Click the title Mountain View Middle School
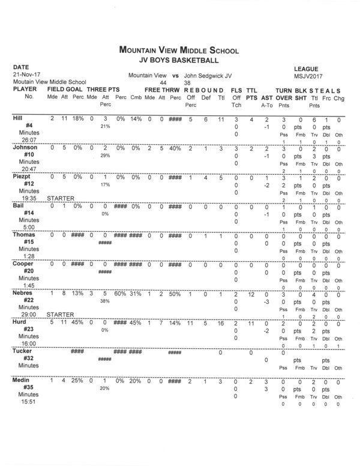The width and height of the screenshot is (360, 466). (x=179, y=51)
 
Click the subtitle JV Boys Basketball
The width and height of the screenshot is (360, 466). (x=179, y=60)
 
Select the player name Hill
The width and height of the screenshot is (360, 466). (x=18, y=119)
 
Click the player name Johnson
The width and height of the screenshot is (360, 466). (x=23, y=148)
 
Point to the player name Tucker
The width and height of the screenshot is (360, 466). (x=22, y=351)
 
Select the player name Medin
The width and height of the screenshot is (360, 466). (x=20, y=381)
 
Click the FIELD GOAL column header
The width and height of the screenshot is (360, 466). (x=64, y=89)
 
